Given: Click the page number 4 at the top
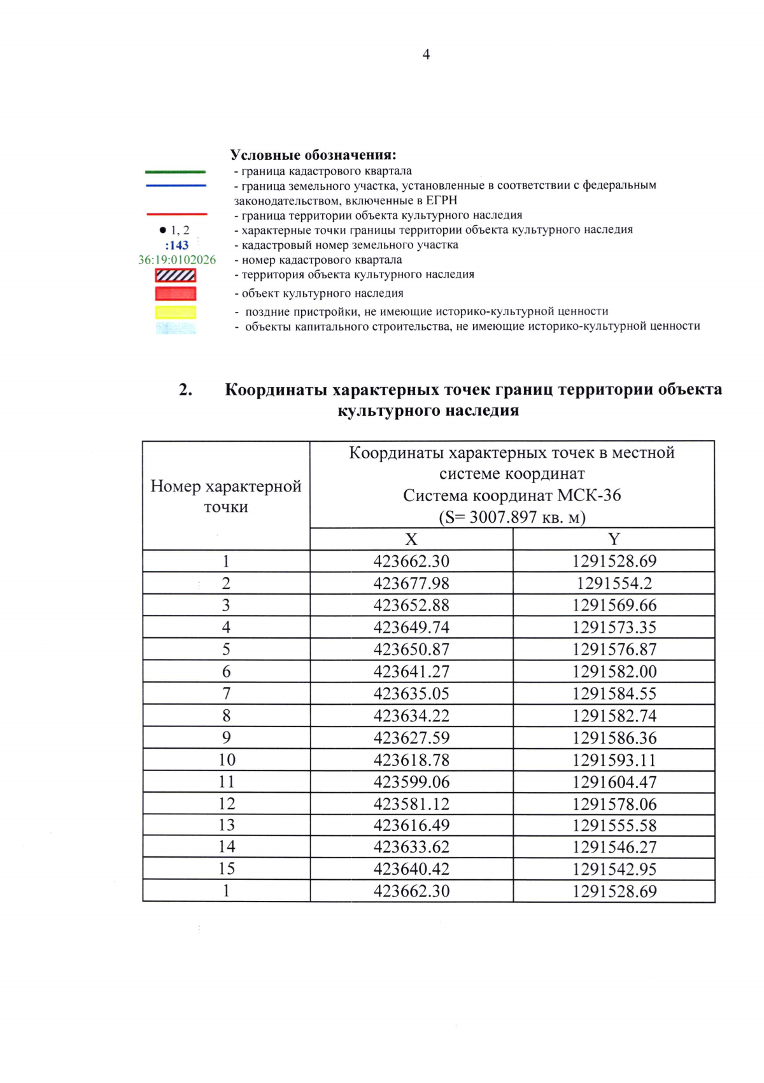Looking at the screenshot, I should click(426, 55).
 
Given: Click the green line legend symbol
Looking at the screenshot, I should click(176, 172).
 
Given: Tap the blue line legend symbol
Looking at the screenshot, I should click(176, 186).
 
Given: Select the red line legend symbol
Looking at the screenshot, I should click(176, 215).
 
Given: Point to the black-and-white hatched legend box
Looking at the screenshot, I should click(176, 275).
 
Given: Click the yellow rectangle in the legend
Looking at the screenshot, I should click(176, 313).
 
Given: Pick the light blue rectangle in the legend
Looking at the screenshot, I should click(176, 328).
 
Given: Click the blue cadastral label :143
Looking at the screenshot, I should click(177, 245).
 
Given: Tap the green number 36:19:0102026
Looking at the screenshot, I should click(177, 260).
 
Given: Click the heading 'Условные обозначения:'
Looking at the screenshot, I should click(313, 155).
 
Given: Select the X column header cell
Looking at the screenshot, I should click(411, 539).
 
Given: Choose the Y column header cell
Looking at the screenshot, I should click(614, 539).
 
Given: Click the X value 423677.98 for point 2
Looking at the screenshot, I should click(411, 583).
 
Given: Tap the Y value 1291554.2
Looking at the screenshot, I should click(614, 583).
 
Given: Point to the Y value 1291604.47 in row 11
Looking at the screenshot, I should click(614, 782).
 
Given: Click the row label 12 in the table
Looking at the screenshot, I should click(227, 803).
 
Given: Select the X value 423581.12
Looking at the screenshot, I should click(411, 803).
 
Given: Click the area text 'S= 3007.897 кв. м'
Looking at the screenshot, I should click(512, 517).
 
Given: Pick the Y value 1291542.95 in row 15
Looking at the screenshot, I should click(614, 869).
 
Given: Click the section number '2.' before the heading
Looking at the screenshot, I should click(186, 390).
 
